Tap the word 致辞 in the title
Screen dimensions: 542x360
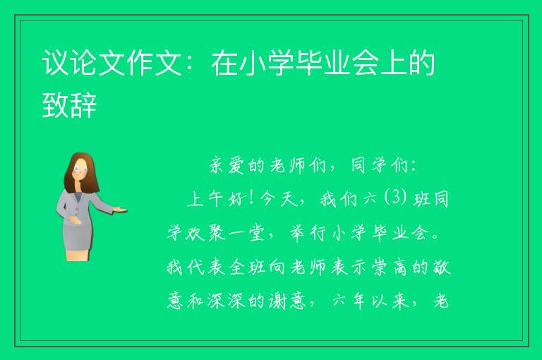tap(69, 104)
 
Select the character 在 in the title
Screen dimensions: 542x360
tap(225, 63)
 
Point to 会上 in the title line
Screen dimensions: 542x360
tap(380, 63)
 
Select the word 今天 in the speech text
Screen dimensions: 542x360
tap(278, 200)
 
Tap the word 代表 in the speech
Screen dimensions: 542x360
tap(206, 268)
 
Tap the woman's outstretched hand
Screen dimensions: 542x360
tap(120, 209)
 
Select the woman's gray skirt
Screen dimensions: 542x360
tap(78, 235)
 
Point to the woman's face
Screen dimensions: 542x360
tap(80, 170)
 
